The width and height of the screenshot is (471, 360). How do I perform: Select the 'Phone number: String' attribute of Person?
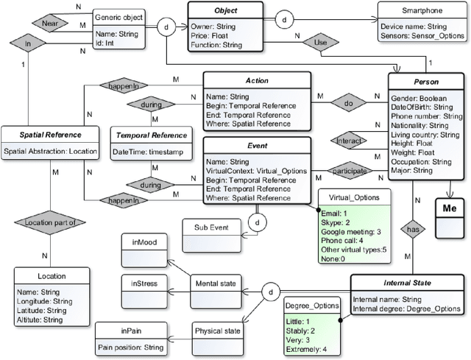pos(427,116)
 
